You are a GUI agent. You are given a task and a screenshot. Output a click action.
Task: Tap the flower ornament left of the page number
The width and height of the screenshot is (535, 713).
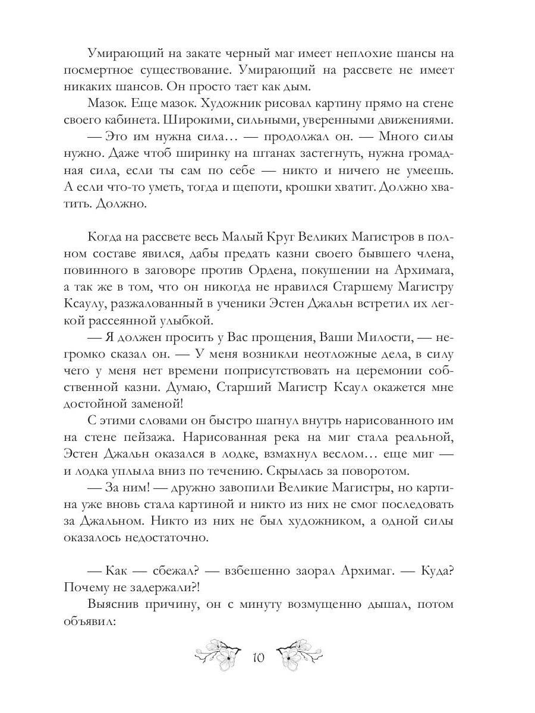219,653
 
